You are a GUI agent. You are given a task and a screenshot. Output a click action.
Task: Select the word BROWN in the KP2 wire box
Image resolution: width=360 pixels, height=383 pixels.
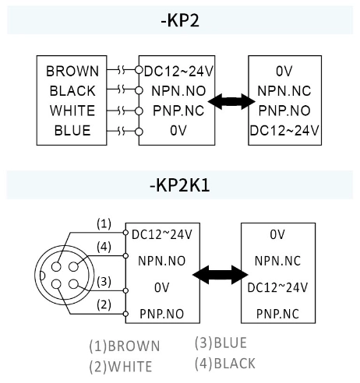[x=72, y=71]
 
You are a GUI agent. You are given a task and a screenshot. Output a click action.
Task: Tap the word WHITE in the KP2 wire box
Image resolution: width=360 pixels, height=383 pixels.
[x=72, y=111]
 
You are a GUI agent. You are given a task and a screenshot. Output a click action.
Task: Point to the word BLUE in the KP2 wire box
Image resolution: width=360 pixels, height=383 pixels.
[x=72, y=130]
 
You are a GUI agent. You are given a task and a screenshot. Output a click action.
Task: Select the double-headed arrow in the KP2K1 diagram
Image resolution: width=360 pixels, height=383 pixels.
[x=221, y=275]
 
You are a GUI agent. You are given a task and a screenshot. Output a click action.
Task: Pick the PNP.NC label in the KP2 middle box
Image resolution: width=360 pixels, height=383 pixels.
[x=178, y=111]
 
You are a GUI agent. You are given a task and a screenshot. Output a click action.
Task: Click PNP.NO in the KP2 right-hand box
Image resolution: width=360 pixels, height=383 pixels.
[x=284, y=111]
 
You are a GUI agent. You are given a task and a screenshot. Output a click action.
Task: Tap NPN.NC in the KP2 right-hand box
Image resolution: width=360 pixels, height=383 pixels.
[x=284, y=90]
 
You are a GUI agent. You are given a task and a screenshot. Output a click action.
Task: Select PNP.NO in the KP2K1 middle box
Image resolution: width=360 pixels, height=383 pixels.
[x=161, y=314]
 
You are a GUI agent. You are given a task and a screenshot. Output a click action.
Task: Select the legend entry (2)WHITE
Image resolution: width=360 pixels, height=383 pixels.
[x=120, y=366]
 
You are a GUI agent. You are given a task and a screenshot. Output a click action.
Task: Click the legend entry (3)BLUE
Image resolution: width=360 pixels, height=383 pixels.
[x=221, y=343]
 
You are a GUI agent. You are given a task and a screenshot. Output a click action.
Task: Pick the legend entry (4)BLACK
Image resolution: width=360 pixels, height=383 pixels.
[x=224, y=363]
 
